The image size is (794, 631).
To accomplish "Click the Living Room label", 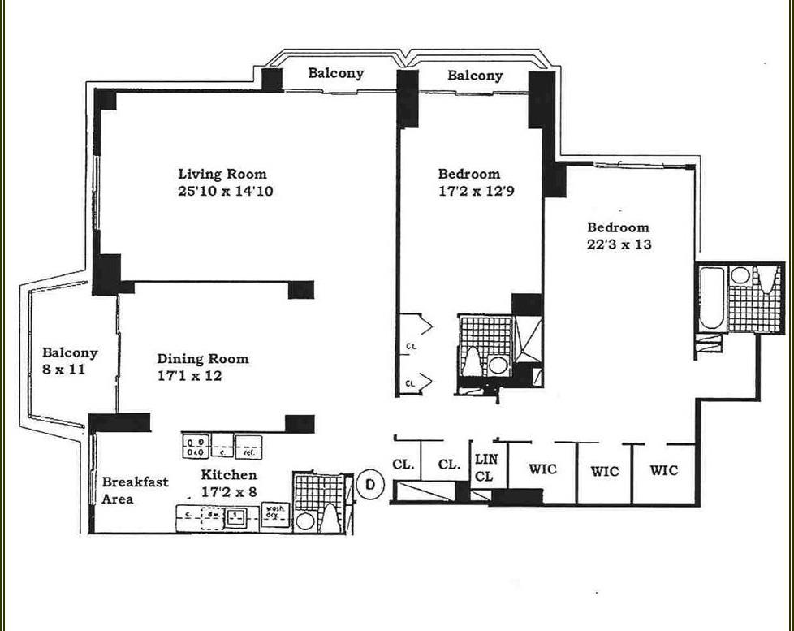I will pyautogui.click(x=222, y=174).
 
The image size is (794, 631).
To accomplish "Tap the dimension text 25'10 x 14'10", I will pyautogui.click(x=222, y=192).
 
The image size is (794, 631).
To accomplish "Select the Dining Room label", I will pyautogui.click(x=203, y=359).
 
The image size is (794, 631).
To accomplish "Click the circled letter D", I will pyautogui.click(x=370, y=484).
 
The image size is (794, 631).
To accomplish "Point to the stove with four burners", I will pyautogui.click(x=196, y=446).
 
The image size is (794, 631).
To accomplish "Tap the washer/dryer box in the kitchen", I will pyautogui.click(x=276, y=514).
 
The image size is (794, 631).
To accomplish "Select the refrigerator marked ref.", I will pyautogui.click(x=247, y=446).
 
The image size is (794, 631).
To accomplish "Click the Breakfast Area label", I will pyautogui.click(x=135, y=491).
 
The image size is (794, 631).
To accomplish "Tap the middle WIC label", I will pyautogui.click(x=604, y=471).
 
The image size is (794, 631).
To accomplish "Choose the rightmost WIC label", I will pyautogui.click(x=663, y=470).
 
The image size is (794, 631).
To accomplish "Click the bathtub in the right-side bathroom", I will pyautogui.click(x=710, y=300).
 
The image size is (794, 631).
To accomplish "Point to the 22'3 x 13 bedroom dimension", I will pyautogui.click(x=619, y=244).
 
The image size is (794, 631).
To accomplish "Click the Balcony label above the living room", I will pyautogui.click(x=335, y=73).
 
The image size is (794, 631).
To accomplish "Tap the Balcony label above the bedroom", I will pyautogui.click(x=475, y=76).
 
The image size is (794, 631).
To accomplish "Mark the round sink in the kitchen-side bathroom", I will pyautogui.click(x=305, y=521).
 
